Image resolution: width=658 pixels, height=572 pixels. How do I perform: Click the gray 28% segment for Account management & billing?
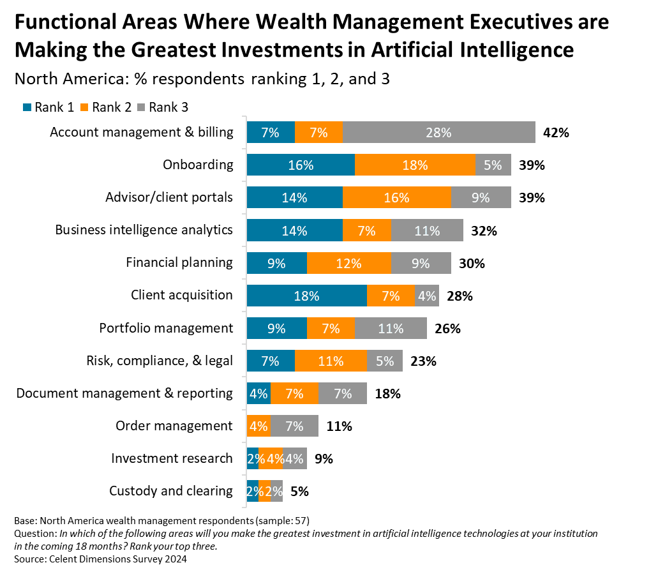pyautogui.click(x=438, y=133)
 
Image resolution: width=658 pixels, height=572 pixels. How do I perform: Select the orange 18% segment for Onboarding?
pyautogui.click(x=415, y=165)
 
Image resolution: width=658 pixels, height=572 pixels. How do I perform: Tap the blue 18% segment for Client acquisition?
pyautogui.click(x=306, y=296)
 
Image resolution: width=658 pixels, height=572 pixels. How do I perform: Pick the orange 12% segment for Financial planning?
pyautogui.click(x=348, y=263)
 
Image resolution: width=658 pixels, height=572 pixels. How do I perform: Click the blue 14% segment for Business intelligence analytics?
pyautogui.click(x=294, y=230)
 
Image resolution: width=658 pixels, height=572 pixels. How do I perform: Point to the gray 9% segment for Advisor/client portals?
pyautogui.click(x=481, y=198)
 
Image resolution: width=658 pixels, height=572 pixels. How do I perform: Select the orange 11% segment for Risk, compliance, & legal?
pyautogui.click(x=331, y=361)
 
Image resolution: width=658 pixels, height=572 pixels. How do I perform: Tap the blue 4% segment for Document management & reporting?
pyautogui.click(x=258, y=394)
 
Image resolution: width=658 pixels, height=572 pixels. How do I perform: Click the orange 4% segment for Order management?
pyautogui.click(x=258, y=426)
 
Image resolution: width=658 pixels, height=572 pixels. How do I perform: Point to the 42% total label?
pyautogui.click(x=555, y=133)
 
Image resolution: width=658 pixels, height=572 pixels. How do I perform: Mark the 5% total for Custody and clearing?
pyautogui.click(x=299, y=492)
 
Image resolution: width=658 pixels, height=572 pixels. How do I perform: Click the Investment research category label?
pyautogui.click(x=172, y=458)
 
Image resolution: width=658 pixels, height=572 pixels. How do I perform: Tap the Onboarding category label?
pyautogui.click(x=198, y=165)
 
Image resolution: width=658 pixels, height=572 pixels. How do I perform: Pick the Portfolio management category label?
pyautogui.click(x=166, y=328)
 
